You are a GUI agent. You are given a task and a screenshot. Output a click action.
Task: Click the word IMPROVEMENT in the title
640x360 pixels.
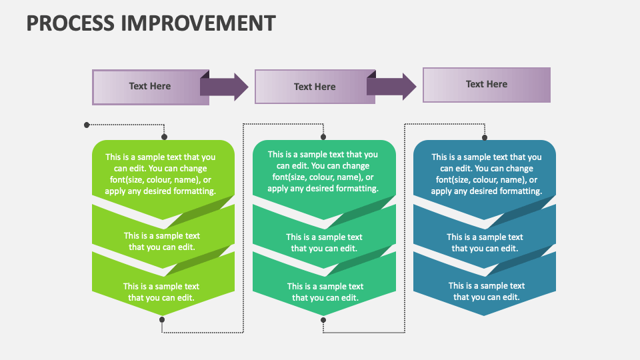coord(198,23)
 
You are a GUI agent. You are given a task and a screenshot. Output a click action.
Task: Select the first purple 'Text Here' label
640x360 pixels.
coord(150,86)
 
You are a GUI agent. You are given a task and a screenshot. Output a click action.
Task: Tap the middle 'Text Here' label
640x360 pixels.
coord(315,87)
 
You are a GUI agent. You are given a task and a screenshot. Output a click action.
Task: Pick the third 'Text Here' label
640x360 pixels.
coord(487,84)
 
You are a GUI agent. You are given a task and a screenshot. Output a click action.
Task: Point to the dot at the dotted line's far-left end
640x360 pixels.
coord(87,125)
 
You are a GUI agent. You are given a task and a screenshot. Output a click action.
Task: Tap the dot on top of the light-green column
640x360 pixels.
coord(163,137)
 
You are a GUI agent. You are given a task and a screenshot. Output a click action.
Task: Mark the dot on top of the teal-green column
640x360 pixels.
coord(323,137)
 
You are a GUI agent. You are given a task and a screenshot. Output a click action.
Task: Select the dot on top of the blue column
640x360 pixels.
coord(485,137)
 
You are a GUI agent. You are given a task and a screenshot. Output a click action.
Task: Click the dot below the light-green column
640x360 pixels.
coord(162,320)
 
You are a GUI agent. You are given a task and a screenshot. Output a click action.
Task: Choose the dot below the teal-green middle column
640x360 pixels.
coord(323,320)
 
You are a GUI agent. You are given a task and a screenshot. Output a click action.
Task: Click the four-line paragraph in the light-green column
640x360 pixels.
coord(160,174)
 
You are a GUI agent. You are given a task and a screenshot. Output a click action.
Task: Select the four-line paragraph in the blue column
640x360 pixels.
coord(487,174)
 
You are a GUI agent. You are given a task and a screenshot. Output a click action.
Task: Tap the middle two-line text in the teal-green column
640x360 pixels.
coord(324,242)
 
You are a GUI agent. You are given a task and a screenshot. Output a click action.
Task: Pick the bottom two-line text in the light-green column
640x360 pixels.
coord(161,292)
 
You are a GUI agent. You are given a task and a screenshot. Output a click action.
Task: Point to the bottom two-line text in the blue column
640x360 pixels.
coord(487,291)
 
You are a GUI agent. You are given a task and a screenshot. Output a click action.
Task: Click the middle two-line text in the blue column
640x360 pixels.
coord(485,242)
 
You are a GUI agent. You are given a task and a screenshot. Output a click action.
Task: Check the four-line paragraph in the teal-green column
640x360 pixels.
coord(323,171)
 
